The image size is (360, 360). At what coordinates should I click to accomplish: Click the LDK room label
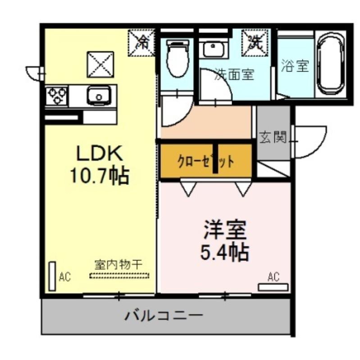(99, 153)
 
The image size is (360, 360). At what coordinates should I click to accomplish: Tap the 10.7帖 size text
(99, 176)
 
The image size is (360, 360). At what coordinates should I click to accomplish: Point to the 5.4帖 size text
(225, 252)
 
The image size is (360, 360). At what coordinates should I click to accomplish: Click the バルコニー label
(164, 316)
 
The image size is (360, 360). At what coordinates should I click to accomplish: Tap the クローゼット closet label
(206, 162)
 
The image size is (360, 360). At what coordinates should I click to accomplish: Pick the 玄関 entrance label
(273, 137)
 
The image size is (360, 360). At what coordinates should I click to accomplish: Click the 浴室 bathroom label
(295, 66)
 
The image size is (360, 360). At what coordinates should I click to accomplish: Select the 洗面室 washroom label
(234, 74)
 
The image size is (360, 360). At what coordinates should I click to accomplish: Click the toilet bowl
(178, 58)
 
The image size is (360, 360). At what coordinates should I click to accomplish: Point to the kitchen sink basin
(98, 96)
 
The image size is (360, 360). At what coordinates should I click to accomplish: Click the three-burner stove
(57, 95)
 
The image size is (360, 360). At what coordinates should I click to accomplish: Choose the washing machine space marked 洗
(255, 43)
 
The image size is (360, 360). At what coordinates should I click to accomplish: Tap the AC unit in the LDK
(52, 276)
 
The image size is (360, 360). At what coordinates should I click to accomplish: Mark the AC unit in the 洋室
(273, 287)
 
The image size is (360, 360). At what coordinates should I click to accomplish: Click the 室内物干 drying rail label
(118, 265)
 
